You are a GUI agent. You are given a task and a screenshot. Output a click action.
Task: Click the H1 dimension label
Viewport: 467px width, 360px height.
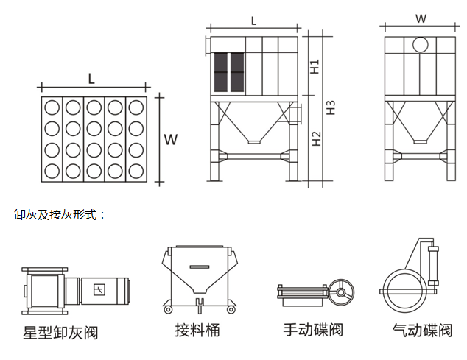315,66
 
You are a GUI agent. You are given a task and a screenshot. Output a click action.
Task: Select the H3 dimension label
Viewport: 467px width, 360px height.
331,106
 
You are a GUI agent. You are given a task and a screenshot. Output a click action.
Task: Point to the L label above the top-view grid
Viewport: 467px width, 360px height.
91,77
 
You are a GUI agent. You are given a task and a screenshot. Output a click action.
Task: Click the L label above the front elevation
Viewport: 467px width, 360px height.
253,21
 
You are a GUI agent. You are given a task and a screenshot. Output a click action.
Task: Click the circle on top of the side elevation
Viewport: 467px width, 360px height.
420,45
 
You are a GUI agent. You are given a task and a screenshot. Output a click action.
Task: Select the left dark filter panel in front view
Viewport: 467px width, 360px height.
220,72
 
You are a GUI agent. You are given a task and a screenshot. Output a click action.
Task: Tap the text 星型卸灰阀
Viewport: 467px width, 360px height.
60,333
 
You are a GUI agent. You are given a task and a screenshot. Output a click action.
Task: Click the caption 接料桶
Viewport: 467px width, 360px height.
197,329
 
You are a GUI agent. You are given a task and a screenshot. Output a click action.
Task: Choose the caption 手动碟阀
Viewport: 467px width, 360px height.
312,329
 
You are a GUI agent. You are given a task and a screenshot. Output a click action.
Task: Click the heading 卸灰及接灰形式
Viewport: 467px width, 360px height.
60,215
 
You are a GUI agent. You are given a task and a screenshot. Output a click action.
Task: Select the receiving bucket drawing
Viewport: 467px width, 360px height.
197,276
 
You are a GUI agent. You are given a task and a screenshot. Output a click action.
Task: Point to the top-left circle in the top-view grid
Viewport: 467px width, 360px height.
52,107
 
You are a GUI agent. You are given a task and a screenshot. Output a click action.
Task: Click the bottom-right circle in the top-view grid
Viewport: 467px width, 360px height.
136,172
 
